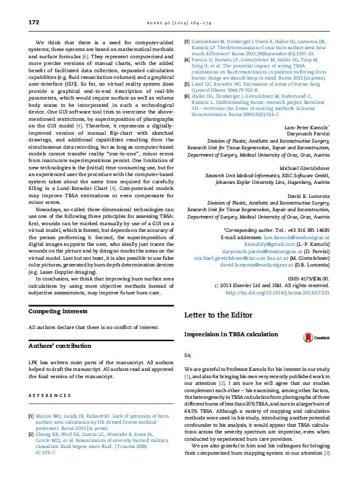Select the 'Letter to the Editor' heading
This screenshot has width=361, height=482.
[x=219, y=315]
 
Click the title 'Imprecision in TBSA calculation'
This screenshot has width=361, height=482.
[x=232, y=335]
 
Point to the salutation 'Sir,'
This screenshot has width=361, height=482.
[x=187, y=354]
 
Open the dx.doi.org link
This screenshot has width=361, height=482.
[x=277, y=292]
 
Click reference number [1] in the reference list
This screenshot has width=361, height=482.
[x=32, y=416]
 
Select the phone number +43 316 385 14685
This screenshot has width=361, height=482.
[x=302, y=231]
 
